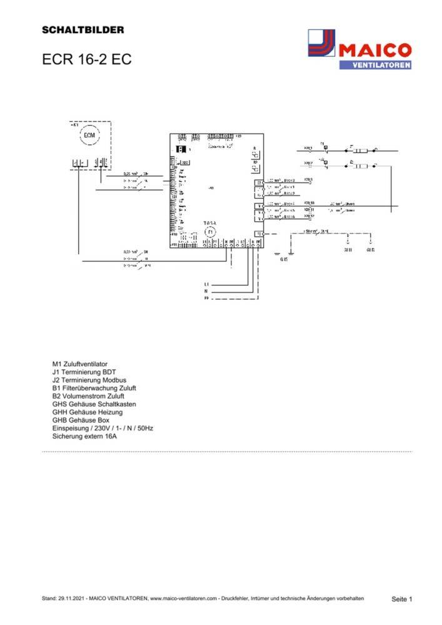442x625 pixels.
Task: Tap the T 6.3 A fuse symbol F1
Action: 211,232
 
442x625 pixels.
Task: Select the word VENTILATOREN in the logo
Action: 375,64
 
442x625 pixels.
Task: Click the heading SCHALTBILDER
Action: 83,29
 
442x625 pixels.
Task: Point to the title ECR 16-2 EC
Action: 86,60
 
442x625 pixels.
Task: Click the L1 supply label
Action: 206,284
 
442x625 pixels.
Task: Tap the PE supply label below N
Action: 206,299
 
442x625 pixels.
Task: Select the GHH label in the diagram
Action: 348,249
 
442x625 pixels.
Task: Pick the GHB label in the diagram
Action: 371,249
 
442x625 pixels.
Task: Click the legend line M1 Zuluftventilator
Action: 84,363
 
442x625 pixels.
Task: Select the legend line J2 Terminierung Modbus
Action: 89,379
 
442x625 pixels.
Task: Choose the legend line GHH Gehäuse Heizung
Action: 87,412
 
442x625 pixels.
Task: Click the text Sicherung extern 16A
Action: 84,437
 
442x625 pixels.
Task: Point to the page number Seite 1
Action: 402,599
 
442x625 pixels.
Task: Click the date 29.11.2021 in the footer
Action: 71,599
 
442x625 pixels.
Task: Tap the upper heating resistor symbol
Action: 361,151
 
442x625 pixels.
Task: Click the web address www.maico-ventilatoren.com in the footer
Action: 186,599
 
